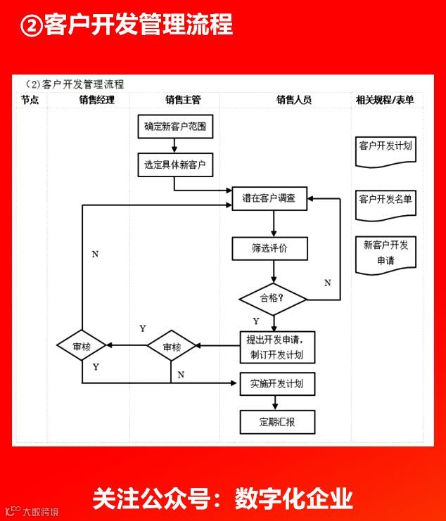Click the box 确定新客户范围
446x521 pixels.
pyautogui.click(x=174, y=127)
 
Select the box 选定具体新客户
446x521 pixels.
pyautogui.click(x=174, y=165)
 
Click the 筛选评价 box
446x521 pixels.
pyautogui.click(x=269, y=248)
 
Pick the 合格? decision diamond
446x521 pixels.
pyautogui.click(x=273, y=298)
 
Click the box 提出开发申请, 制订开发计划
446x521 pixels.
pyautogui.click(x=276, y=347)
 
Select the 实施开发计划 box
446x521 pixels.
pyautogui.click(x=276, y=384)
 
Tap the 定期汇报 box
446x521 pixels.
pyautogui.click(x=276, y=422)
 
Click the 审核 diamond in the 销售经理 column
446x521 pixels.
pyautogui.click(x=82, y=347)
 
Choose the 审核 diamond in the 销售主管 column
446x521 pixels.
pyautogui.click(x=172, y=347)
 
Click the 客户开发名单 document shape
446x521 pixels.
pyautogui.click(x=385, y=200)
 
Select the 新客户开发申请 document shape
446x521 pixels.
pyautogui.click(x=385, y=253)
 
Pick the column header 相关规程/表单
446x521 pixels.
pyautogui.click(x=385, y=100)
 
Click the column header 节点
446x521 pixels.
pyautogui.click(x=30, y=100)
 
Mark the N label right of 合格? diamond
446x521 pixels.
pyautogui.click(x=327, y=283)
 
